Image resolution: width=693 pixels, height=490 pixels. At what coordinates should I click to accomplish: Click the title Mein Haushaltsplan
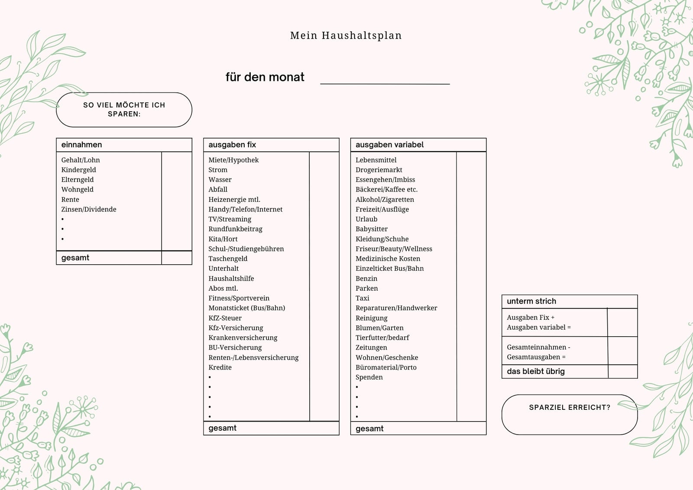(x=346, y=35)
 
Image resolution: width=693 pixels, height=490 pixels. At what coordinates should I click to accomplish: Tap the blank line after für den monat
(x=385, y=84)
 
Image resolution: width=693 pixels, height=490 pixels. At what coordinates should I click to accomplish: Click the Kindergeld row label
(x=78, y=170)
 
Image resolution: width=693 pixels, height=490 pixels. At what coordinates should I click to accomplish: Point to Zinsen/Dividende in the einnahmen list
(x=89, y=209)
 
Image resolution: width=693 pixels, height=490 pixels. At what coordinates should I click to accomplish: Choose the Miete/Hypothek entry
(x=233, y=160)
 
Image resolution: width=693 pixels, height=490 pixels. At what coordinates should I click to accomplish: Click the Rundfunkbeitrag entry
(x=236, y=229)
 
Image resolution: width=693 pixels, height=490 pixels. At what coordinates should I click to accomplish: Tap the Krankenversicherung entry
(x=243, y=337)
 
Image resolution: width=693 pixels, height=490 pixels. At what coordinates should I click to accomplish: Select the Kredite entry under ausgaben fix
(x=220, y=367)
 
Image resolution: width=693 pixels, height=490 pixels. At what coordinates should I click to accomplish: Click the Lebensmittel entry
(x=376, y=160)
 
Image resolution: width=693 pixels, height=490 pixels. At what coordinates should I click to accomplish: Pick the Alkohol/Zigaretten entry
(x=385, y=200)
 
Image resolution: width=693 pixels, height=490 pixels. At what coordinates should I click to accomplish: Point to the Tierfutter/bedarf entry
(x=382, y=337)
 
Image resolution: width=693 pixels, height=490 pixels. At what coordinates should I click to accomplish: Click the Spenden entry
(x=369, y=377)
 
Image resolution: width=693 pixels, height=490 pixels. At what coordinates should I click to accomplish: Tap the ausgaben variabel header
(x=389, y=145)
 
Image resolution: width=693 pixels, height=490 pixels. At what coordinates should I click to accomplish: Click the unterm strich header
(x=531, y=301)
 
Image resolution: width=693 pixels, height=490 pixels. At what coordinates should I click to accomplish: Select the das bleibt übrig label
(x=535, y=371)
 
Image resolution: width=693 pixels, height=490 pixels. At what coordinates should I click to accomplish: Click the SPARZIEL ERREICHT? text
(x=570, y=407)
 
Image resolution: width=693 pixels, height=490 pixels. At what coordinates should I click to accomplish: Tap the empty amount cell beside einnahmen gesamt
(x=177, y=258)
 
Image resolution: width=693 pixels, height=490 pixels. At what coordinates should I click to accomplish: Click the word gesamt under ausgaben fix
(x=222, y=428)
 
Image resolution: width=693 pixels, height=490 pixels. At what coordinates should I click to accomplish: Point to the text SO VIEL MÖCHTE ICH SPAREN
(x=124, y=110)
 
